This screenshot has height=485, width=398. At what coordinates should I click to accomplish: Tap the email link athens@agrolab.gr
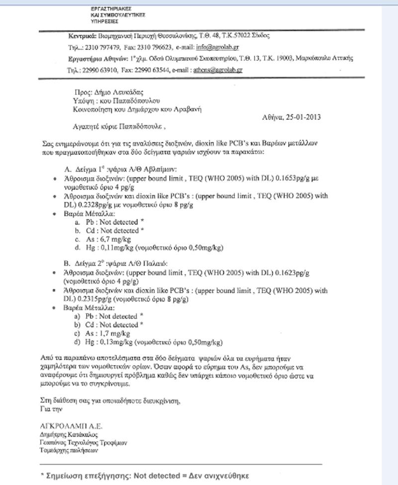click(x=218, y=70)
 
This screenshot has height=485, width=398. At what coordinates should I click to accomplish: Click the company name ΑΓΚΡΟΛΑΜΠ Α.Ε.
click(x=71, y=426)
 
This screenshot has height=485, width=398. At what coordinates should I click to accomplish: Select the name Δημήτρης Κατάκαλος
click(x=65, y=434)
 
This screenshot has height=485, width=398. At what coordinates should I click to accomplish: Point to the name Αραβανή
click(x=191, y=109)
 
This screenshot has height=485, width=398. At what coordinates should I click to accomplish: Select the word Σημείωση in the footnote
click(x=67, y=475)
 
